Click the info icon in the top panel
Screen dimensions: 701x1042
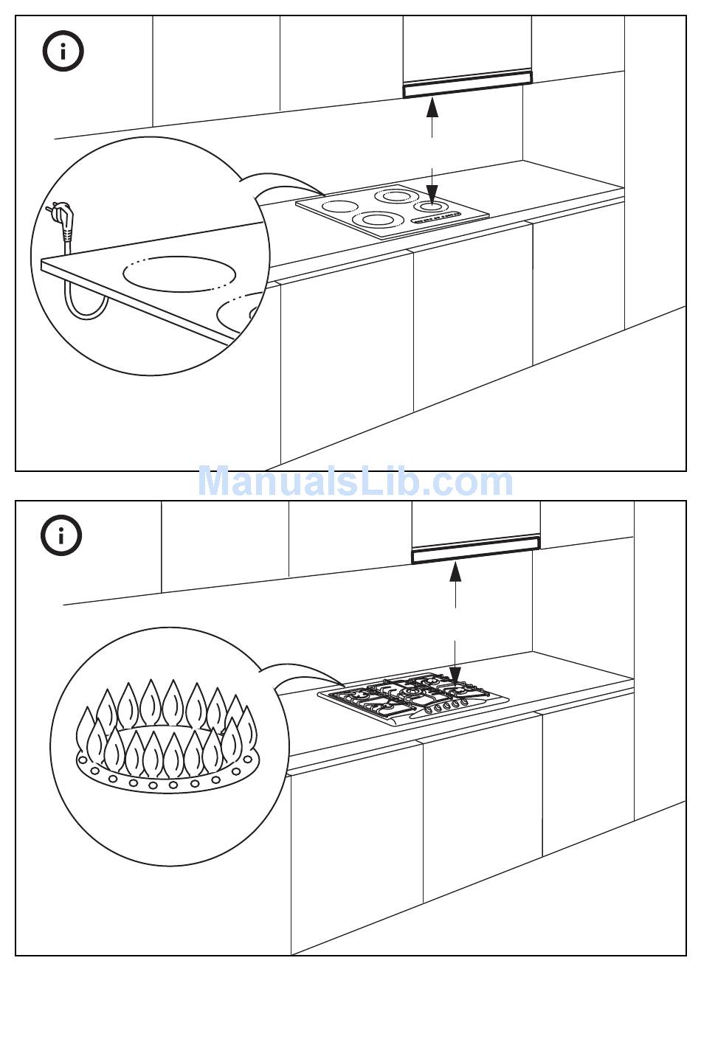[x=63, y=51]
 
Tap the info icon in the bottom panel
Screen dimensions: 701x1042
[x=62, y=535]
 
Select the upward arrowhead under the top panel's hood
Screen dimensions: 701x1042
[x=432, y=108]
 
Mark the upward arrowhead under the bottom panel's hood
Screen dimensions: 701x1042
[x=456, y=572]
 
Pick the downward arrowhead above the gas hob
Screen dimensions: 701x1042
[x=456, y=675]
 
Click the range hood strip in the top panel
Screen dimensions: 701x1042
[x=466, y=83]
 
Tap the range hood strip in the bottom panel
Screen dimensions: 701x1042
[x=476, y=551]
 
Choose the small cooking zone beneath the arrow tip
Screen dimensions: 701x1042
[x=432, y=207]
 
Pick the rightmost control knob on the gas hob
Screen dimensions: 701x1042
[x=465, y=703]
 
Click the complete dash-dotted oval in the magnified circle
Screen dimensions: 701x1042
[x=179, y=274]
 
